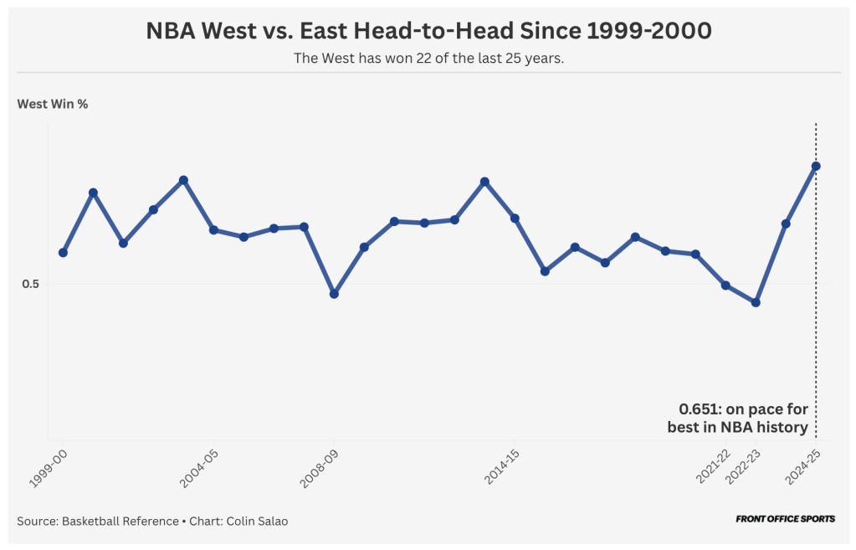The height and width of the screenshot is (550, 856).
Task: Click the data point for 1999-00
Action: pyautogui.click(x=63, y=253)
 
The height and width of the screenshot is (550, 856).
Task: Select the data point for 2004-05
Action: pyautogui.click(x=213, y=229)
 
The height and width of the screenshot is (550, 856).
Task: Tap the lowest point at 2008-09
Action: pyautogui.click(x=334, y=294)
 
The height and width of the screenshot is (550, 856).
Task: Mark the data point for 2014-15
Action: pyautogui.click(x=515, y=218)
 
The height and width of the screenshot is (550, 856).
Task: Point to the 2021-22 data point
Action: pyautogui.click(x=725, y=285)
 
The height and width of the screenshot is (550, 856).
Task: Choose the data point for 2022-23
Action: pyautogui.click(x=756, y=302)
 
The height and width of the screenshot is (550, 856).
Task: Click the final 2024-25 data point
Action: pyautogui.click(x=816, y=166)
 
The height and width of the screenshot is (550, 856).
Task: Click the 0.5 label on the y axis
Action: pyautogui.click(x=31, y=284)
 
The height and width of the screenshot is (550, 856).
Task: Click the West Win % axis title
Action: pyautogui.click(x=53, y=105)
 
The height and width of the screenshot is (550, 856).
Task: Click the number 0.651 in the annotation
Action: pyautogui.click(x=699, y=410)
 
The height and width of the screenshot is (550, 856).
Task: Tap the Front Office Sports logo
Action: pyautogui.click(x=785, y=519)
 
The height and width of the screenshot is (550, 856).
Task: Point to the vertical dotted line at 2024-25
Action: pyautogui.click(x=816, y=335)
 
